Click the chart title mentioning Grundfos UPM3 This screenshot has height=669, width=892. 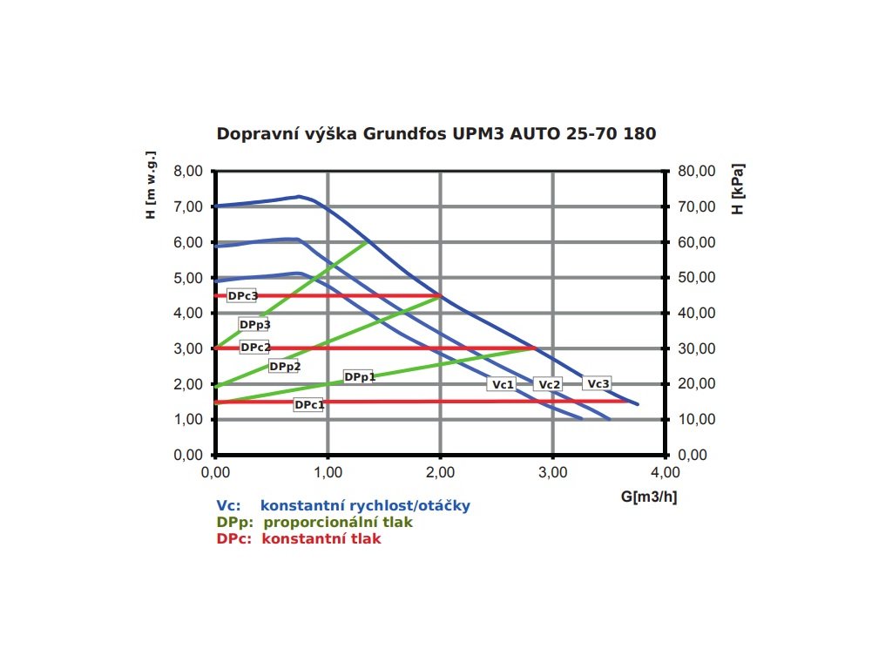[x=436, y=134]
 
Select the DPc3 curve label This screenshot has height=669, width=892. [x=242, y=296]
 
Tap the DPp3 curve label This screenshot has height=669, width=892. [x=254, y=324]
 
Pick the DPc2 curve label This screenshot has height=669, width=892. [x=254, y=347]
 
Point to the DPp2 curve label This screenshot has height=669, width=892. [x=284, y=367]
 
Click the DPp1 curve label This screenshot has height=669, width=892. [x=359, y=377]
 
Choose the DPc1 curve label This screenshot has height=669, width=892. [x=308, y=405]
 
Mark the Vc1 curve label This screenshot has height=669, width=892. [x=502, y=384]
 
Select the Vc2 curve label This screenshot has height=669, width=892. [x=549, y=384]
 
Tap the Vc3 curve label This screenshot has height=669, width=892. [x=598, y=383]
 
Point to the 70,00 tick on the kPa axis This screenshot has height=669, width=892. [x=695, y=206]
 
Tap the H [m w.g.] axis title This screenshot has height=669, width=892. [x=151, y=188]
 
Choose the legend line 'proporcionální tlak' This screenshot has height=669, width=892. [x=314, y=523]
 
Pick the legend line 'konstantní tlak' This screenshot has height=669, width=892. [x=299, y=539]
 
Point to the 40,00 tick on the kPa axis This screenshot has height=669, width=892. [x=695, y=313]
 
